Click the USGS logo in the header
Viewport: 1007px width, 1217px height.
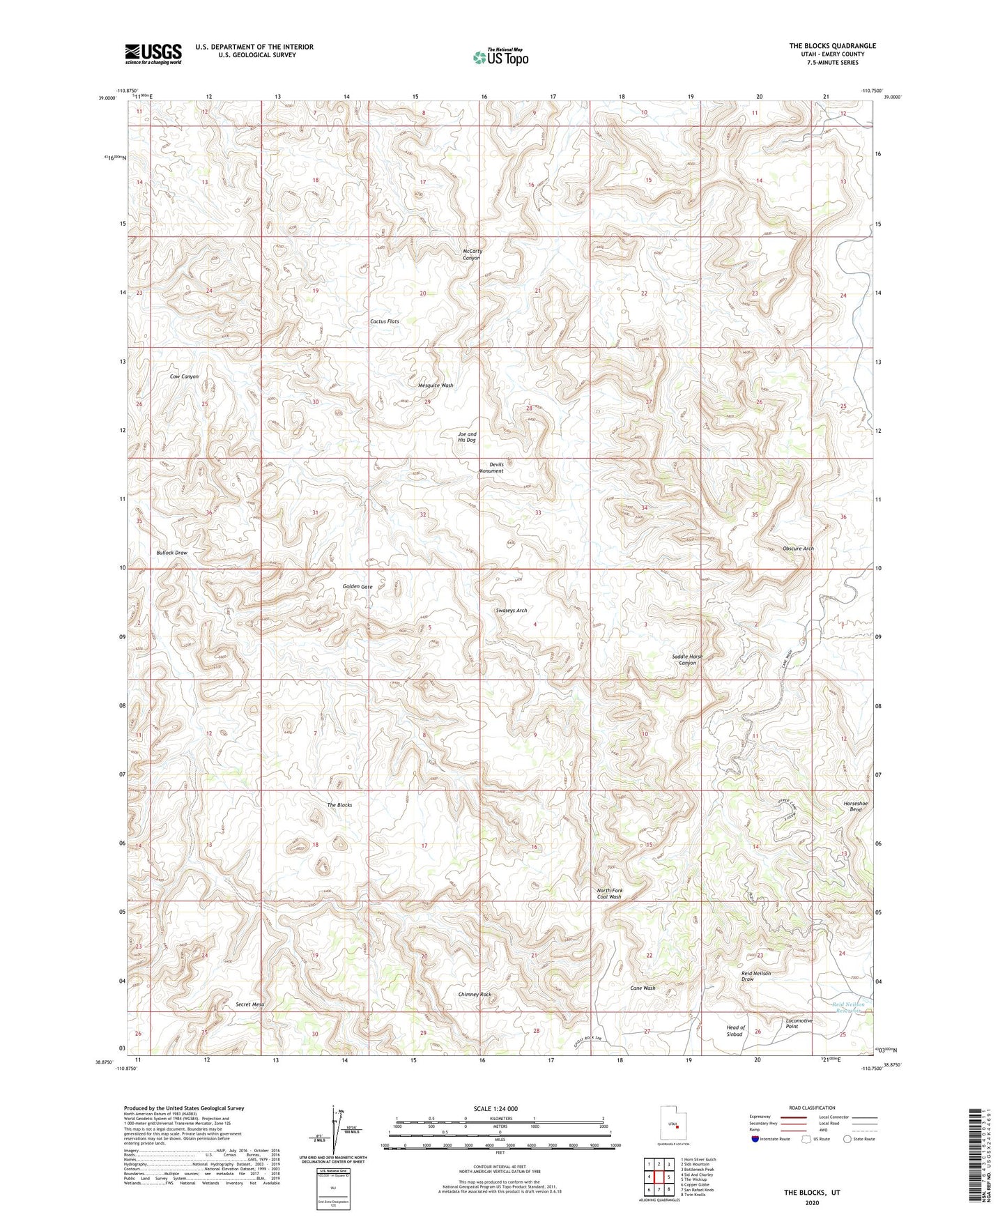[153, 54]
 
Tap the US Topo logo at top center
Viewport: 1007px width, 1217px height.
[500, 57]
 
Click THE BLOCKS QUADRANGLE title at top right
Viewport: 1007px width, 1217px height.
[832, 46]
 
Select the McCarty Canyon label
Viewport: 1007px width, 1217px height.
[472, 254]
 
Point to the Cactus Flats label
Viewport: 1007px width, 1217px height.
[384, 321]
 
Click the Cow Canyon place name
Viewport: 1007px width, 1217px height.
[184, 376]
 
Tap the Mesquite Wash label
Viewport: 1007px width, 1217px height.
[436, 385]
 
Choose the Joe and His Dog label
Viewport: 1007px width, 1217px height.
[467, 437]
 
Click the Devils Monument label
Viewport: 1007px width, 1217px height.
[491, 468]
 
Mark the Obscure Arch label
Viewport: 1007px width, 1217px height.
[798, 549]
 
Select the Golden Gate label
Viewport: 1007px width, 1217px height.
[358, 587]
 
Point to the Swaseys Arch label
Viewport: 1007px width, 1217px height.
[511, 611]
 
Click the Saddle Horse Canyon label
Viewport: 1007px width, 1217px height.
[687, 659]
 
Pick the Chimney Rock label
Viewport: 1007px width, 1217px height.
[475, 995]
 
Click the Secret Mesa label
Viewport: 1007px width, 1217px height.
[249, 1004]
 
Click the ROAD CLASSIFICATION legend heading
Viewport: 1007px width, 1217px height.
[812, 1108]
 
